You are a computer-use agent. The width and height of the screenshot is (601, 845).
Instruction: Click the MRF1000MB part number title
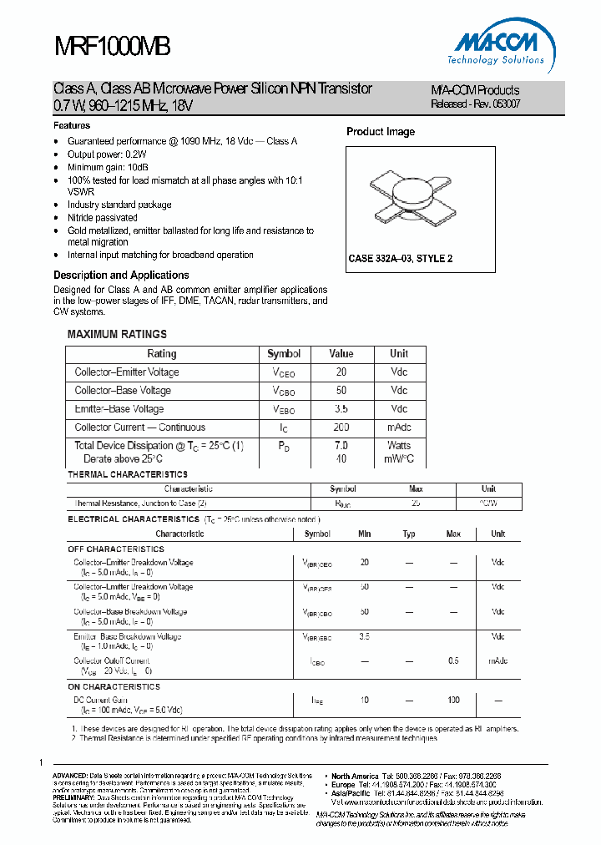(113, 47)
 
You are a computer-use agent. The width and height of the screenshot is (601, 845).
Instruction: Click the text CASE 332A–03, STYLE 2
(401, 259)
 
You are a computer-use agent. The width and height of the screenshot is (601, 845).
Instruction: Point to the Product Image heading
(381, 132)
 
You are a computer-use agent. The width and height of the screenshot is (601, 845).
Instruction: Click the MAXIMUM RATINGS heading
(117, 334)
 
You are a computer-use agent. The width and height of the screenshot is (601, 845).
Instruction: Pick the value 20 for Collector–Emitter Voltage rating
(341, 372)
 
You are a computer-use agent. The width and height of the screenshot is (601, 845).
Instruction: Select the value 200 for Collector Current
(341, 428)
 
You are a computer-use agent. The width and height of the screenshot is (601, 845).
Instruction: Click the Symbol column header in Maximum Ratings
(284, 354)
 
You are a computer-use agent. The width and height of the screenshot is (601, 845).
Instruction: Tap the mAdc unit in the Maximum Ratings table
(399, 428)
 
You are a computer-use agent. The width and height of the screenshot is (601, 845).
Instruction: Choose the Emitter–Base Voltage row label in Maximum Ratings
(119, 409)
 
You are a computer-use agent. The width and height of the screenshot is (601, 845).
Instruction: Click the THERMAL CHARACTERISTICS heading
(128, 474)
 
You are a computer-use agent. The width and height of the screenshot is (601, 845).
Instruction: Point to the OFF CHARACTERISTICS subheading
(116, 549)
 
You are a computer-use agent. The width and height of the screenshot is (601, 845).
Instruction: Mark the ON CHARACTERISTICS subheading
(114, 686)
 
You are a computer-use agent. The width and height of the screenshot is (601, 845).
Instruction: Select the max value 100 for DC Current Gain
(453, 700)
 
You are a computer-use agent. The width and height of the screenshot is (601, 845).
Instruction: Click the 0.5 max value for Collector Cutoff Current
(453, 661)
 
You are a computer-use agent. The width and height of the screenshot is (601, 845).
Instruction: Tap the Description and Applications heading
(121, 275)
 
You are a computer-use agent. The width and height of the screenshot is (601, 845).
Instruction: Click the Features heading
(72, 125)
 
